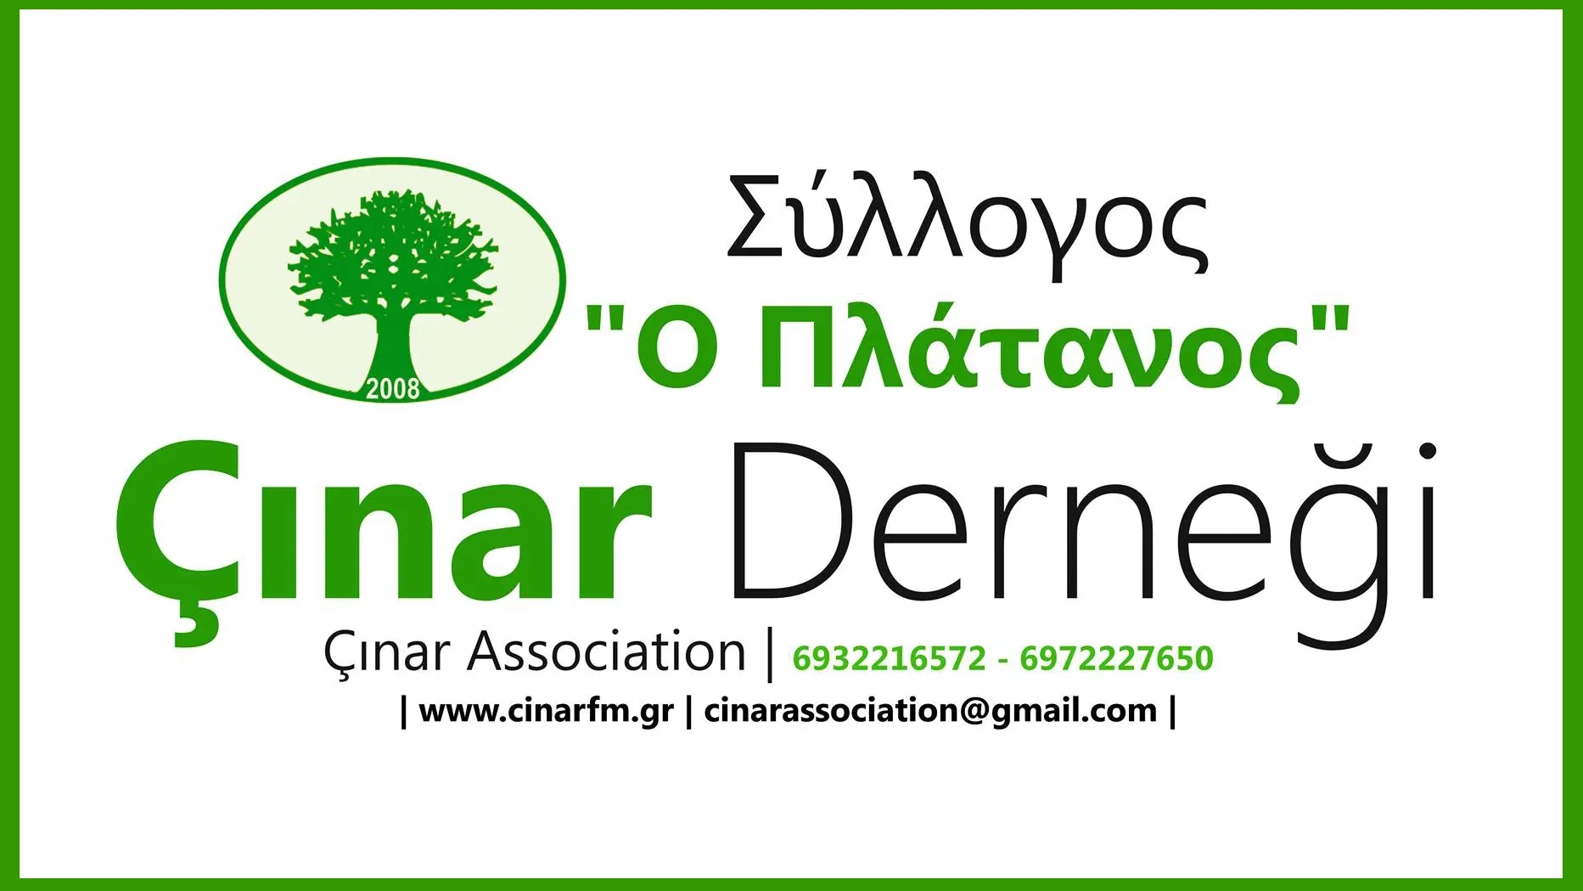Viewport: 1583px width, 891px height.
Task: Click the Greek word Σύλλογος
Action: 967,224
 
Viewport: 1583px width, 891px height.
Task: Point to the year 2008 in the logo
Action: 393,388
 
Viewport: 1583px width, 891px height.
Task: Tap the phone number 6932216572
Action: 889,658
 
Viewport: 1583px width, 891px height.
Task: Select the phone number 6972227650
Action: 1116,658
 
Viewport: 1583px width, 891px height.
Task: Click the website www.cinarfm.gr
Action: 546,711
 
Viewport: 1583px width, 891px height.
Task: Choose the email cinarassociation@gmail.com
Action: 930,711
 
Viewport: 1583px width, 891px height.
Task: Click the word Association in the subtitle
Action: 606,652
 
